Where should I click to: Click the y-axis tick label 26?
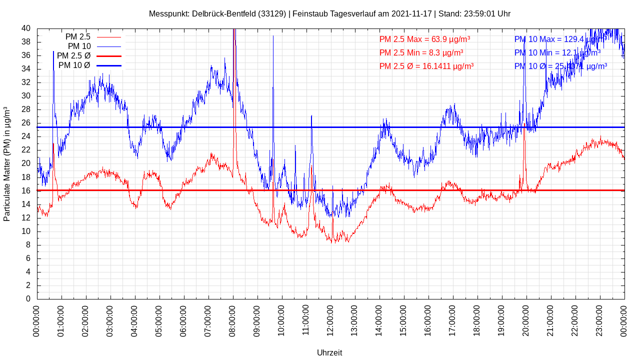(x=25, y=123)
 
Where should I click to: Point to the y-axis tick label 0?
(x=28, y=299)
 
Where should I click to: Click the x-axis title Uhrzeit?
(x=329, y=352)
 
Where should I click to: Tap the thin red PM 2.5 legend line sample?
(x=108, y=37)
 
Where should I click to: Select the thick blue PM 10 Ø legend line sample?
(x=108, y=65)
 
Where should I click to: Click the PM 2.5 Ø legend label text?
(x=73, y=56)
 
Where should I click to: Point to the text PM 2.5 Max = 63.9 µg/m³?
(x=424, y=39)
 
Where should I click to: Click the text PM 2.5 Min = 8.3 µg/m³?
(x=421, y=52)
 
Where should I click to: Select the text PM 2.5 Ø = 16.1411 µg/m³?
(x=426, y=66)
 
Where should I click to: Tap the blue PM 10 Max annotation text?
(x=560, y=39)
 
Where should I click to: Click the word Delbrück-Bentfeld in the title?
(x=223, y=13)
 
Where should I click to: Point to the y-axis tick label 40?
(x=25, y=28)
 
